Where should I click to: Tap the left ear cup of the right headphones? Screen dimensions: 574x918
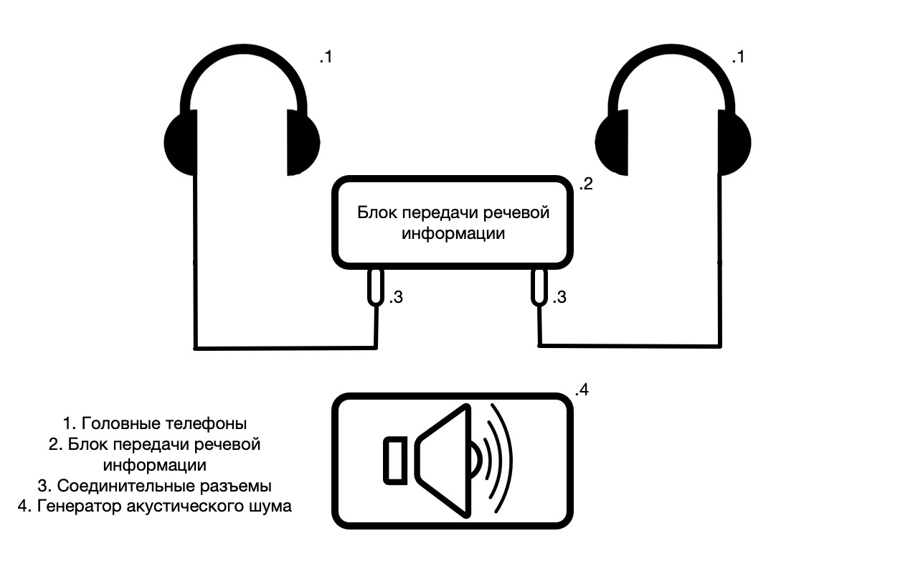612,143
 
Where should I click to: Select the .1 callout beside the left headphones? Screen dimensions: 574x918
326,57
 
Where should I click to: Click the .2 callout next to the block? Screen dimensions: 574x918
585,184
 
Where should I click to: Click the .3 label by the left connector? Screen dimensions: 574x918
397,297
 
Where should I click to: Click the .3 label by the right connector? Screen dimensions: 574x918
559,296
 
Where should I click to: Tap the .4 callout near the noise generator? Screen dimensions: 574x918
582,391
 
